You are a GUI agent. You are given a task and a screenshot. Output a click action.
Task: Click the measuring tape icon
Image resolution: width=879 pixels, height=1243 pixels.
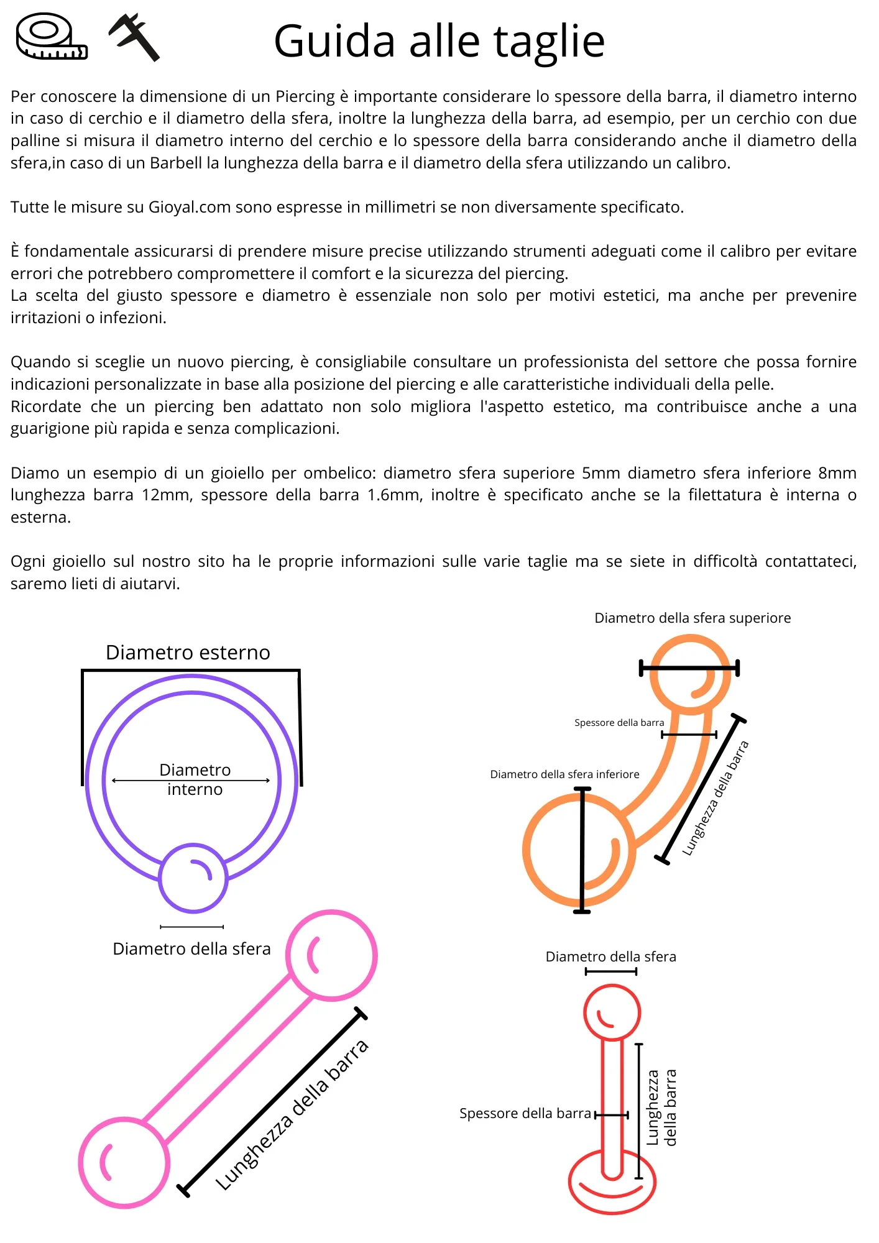(52, 37)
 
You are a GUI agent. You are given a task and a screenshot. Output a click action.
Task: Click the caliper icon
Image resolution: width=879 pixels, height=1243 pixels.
(135, 37)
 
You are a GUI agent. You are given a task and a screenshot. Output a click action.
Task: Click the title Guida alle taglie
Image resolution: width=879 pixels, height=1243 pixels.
(439, 42)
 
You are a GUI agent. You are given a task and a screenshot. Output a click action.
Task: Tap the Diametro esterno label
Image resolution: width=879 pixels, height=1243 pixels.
(188, 653)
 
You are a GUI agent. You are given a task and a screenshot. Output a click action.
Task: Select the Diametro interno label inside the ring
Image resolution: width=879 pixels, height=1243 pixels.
(195, 779)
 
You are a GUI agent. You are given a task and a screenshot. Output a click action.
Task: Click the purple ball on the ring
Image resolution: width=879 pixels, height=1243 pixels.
(193, 878)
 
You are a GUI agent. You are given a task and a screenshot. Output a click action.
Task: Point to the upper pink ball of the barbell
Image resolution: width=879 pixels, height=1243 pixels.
(331, 955)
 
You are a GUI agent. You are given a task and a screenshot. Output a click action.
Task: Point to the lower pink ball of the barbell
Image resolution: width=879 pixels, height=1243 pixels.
(124, 1162)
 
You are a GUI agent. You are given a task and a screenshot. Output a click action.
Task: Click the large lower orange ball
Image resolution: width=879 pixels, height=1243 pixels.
(579, 850)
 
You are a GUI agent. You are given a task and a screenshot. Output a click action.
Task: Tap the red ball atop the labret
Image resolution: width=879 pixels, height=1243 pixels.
(612, 1012)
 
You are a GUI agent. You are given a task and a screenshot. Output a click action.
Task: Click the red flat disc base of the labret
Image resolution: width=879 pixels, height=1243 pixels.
(612, 1183)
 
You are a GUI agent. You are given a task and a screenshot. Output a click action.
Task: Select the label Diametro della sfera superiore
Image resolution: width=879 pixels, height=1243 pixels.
(693, 618)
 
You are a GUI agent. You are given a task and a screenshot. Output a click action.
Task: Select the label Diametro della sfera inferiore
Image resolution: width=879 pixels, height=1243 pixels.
(564, 774)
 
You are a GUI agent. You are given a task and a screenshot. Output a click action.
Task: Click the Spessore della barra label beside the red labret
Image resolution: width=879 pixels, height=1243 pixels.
(525, 1113)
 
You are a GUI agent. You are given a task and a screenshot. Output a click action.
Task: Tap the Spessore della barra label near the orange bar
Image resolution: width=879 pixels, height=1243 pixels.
(619, 723)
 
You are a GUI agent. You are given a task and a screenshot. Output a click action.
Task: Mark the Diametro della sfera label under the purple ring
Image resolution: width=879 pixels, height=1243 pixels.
(191, 949)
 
